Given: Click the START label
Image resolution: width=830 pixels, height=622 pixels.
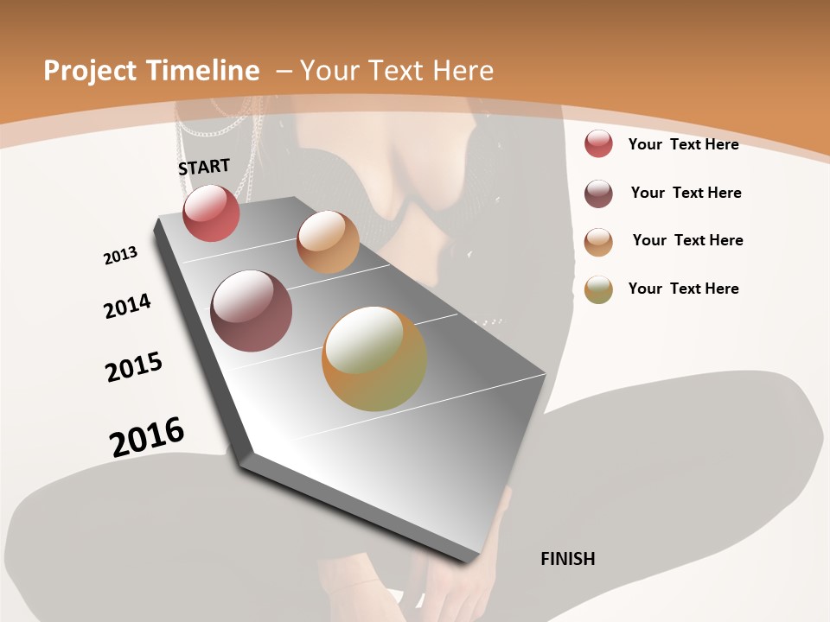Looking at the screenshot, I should click(x=204, y=167).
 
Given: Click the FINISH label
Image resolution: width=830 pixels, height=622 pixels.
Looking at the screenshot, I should click(x=568, y=559).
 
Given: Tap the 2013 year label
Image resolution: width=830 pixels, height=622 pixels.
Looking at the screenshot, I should click(x=120, y=256).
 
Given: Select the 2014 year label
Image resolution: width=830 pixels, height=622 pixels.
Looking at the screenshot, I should click(x=127, y=306).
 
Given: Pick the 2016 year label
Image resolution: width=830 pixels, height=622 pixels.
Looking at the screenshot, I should click(x=147, y=437).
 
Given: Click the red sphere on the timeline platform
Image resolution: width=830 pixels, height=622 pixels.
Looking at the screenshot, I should click(x=211, y=213).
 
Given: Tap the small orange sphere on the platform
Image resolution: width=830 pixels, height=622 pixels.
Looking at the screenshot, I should click(x=328, y=242).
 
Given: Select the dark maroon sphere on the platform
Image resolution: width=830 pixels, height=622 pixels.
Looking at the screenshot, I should click(x=252, y=311).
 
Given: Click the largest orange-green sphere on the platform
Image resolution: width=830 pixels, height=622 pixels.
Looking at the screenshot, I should click(x=374, y=359).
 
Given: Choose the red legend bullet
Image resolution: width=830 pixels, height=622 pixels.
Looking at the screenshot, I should click(x=598, y=143).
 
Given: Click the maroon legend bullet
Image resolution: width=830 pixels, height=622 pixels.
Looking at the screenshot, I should click(x=598, y=194).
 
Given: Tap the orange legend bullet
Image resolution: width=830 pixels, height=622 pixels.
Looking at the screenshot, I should click(x=598, y=242).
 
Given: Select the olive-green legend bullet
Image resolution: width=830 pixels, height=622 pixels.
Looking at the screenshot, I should click(x=598, y=289).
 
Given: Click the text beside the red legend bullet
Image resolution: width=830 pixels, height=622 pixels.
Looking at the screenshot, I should click(x=683, y=144).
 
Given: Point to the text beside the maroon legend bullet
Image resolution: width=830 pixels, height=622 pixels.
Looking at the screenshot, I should click(x=686, y=193).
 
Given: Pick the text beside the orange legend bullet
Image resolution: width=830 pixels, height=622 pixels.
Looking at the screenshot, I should click(x=687, y=240).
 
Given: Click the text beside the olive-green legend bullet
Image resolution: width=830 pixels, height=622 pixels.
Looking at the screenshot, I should click(x=683, y=289).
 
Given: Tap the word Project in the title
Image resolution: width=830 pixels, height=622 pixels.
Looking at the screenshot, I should click(x=91, y=71).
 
